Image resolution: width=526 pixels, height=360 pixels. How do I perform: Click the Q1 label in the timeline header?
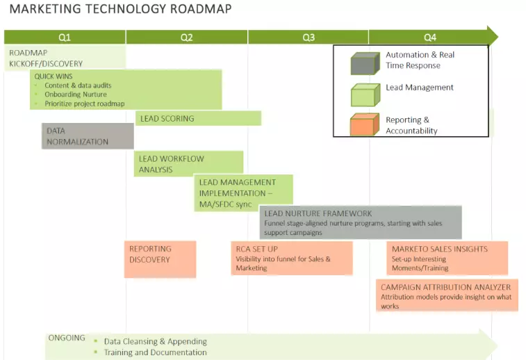pos(65,38)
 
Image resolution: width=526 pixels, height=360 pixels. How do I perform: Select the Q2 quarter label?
pos(186,38)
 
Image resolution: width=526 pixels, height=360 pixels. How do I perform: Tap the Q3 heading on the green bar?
pos(309,38)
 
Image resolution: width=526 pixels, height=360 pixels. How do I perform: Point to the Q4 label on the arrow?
pos(430,38)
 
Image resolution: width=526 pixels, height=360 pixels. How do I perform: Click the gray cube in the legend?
pos(365,63)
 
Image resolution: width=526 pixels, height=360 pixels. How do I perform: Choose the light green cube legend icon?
pos(365,95)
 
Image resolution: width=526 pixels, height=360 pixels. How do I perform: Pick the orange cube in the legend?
pos(365,124)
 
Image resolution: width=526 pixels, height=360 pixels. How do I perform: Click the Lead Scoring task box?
pos(198,118)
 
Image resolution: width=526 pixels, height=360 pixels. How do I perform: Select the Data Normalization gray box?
pos(88,136)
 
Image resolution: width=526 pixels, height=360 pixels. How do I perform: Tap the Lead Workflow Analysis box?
pos(188,164)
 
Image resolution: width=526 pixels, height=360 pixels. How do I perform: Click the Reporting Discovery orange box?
pos(160,259)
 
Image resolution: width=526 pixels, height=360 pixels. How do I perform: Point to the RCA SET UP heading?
pos(256,249)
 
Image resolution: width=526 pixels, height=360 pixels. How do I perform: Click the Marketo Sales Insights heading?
pos(440,249)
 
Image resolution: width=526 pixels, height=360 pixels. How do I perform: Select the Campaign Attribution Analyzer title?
pos(446,287)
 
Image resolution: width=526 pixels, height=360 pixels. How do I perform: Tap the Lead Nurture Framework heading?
pos(318,213)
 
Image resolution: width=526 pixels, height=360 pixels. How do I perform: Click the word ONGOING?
pos(67,338)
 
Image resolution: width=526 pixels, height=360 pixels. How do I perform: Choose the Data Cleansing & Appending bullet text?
pos(156,341)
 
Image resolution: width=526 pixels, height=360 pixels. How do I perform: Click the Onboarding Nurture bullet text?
pos(76,95)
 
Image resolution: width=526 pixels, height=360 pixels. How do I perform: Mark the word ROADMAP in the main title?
pos(201,9)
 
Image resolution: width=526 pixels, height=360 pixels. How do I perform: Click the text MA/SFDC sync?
pos(225,204)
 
